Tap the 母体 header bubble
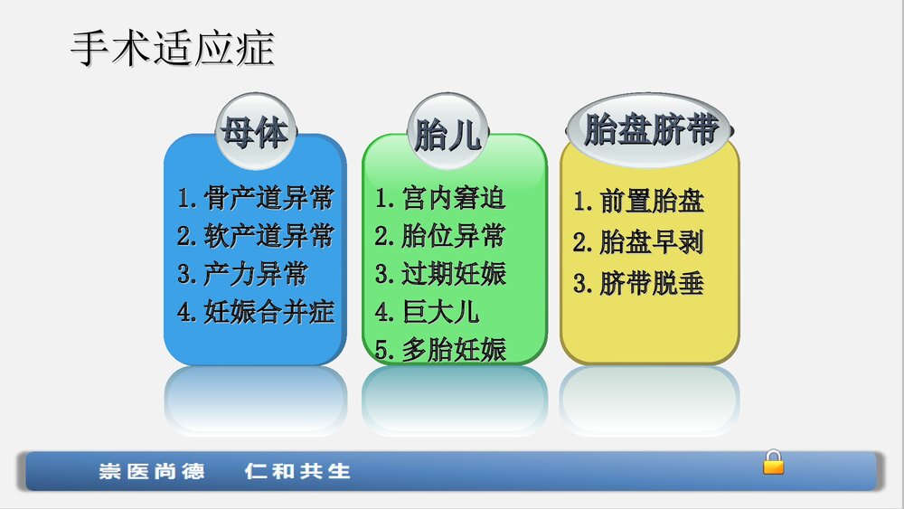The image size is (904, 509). tap(254, 133)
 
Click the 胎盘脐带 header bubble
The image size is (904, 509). tap(651, 129)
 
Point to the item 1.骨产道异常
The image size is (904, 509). tap(256, 197)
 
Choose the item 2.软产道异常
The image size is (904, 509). tap(256, 236)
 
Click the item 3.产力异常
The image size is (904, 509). tap(242, 274)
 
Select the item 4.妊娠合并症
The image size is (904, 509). tap(256, 312)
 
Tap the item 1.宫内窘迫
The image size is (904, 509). tap(440, 197)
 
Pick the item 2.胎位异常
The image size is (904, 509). tap(440, 236)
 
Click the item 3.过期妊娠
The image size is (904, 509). tap(440, 274)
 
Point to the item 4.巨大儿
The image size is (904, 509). tap(427, 312)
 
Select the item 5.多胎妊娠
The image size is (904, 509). tap(440, 349)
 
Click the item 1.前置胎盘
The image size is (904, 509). tap(638, 201)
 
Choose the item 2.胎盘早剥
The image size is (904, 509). tap(638, 242)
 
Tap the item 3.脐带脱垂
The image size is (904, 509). tap(638, 284)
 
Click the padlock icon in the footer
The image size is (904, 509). tap(773, 462)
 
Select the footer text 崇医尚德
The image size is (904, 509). tap(152, 471)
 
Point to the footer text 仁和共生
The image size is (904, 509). tap(297, 471)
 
